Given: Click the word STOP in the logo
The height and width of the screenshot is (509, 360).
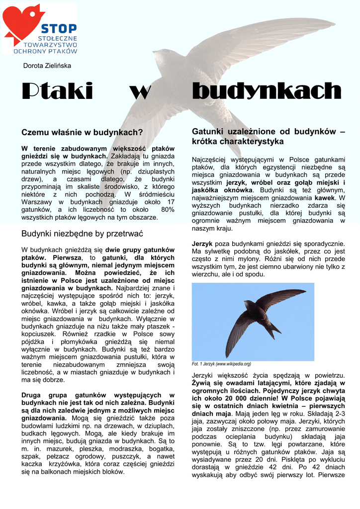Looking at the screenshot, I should coord(59,28).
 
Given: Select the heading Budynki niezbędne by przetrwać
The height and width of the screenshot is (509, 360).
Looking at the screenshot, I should coord(82,234).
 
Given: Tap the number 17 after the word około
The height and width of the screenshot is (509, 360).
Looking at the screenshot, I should coord(171,202).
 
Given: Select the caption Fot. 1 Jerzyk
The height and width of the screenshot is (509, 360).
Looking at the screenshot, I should coord(221,364).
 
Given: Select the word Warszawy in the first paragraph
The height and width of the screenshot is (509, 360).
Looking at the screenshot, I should coord(37,202).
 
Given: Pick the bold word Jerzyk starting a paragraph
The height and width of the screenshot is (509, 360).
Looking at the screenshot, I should coord(202,244).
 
